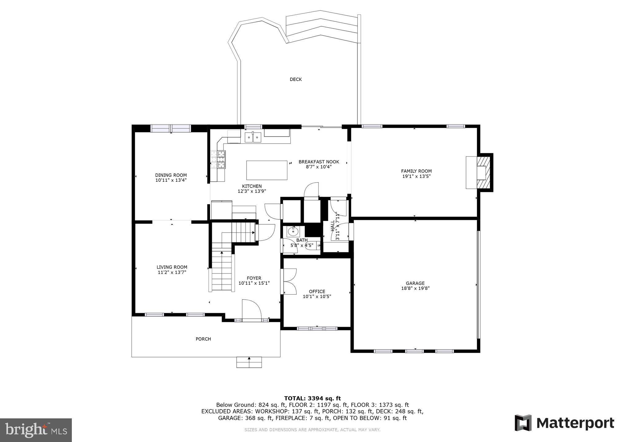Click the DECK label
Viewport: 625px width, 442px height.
click(x=296, y=79)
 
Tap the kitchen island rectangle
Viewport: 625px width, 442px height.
click(x=267, y=170)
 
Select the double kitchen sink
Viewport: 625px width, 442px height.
click(x=253, y=138)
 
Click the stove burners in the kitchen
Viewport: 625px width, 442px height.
click(x=218, y=160)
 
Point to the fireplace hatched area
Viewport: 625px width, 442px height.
click(x=484, y=173)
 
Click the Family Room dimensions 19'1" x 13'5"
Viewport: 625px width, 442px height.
click(x=416, y=176)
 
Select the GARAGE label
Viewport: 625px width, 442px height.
click(x=415, y=283)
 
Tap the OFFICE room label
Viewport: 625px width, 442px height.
click(x=317, y=292)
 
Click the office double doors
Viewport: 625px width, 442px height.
click(x=289, y=281)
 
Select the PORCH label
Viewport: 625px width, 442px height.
click(x=203, y=339)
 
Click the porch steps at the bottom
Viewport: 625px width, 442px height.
click(x=249, y=362)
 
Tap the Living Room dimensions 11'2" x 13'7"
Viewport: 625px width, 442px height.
click(x=172, y=272)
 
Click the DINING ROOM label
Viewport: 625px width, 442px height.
click(x=171, y=175)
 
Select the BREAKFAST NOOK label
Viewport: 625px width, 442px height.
click(x=319, y=162)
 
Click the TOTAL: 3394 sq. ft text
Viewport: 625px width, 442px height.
click(x=312, y=398)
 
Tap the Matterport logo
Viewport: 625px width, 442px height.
click(x=564, y=423)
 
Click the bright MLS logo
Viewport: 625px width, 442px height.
click(x=36, y=430)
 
